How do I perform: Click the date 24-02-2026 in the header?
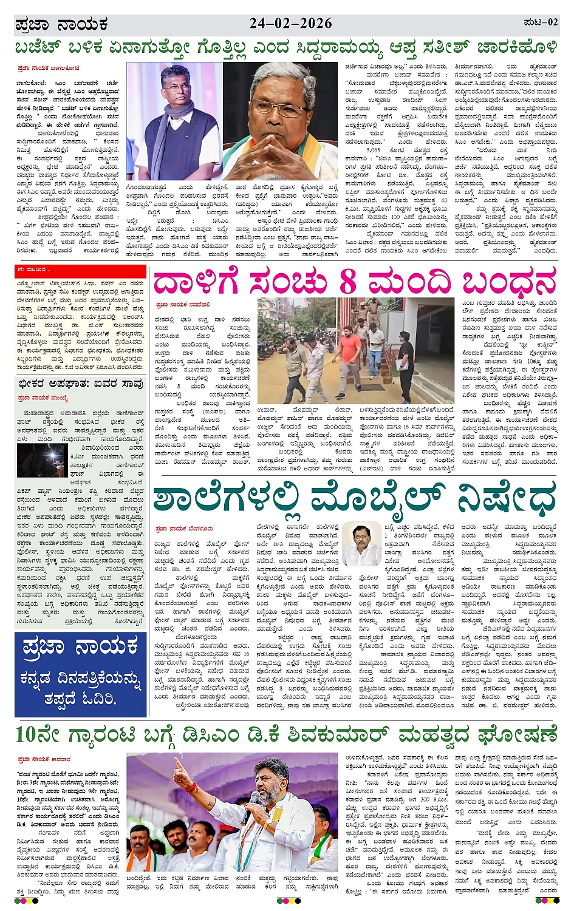[x=290, y=24]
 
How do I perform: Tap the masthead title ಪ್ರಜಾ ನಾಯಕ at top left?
[x=61, y=25]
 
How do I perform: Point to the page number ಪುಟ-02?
[x=540, y=22]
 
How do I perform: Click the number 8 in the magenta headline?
[x=347, y=282]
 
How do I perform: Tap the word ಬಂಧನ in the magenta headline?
[x=509, y=282]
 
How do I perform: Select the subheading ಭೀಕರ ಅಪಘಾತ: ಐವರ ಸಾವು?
[x=81, y=384]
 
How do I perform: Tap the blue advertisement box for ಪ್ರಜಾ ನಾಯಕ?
[x=80, y=674]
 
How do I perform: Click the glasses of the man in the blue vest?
[x=176, y=88]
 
